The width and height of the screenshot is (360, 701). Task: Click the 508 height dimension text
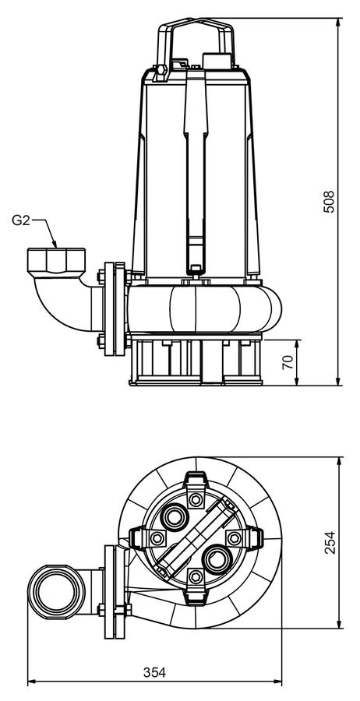tap(329, 202)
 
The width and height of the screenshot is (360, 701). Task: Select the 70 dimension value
tap(289, 361)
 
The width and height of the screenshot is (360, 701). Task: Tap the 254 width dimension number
tap(330, 543)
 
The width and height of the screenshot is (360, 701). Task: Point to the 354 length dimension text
tap(155, 672)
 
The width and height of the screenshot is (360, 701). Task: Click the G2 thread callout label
tap(20, 220)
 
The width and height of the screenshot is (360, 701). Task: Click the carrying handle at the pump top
tap(196, 41)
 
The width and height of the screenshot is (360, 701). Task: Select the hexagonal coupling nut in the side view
tap(56, 259)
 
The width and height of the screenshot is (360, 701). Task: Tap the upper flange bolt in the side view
tap(101, 273)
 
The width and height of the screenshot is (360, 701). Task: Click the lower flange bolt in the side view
tap(101, 341)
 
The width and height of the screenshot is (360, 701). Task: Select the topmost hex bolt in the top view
tap(196, 498)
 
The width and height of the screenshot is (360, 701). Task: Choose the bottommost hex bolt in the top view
tap(196, 576)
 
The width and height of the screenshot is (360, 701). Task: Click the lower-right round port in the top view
tap(217, 558)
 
